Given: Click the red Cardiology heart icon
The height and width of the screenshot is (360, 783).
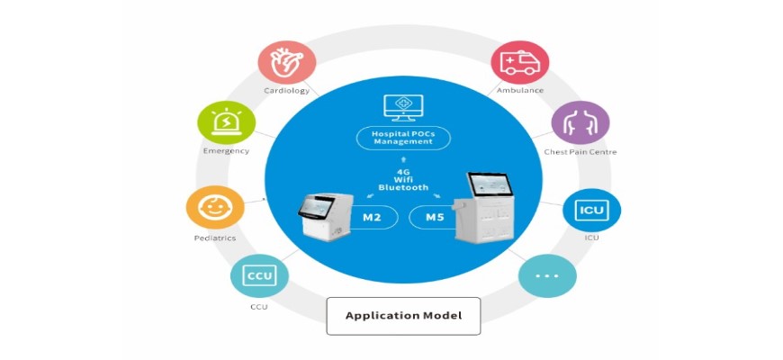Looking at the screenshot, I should tap(287, 60).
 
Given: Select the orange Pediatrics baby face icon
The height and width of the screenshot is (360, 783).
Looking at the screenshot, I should tap(214, 206).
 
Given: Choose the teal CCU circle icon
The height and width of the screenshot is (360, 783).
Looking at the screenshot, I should tap(259, 275).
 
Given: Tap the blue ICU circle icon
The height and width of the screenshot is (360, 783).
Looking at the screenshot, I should tap(591, 209).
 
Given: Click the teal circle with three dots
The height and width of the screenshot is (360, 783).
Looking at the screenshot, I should tap(546, 274).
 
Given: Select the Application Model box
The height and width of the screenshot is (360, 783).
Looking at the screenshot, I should tap(403, 316).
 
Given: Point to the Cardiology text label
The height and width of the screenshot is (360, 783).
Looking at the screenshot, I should tap(287, 91).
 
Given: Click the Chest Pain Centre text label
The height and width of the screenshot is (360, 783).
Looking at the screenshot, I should tap(580, 152).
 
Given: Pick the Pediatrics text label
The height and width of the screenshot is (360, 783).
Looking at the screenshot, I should tap(214, 238).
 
